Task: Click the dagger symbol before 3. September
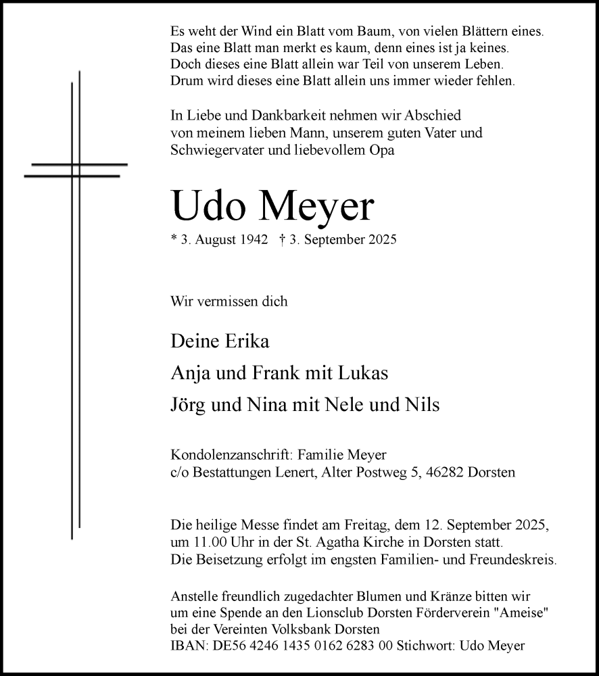click(x=281, y=239)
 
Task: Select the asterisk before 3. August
click(x=174, y=239)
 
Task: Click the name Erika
click(x=245, y=341)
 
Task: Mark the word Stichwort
click(x=430, y=646)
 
